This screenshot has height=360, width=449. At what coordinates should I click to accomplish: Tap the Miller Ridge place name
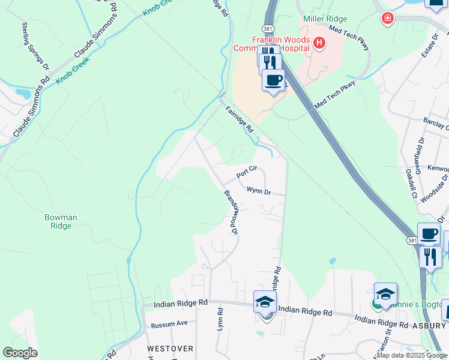325,19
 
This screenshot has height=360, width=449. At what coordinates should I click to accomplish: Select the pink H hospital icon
319,43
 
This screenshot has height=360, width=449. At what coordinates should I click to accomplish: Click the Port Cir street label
247,172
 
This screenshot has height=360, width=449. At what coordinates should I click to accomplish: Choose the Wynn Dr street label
259,191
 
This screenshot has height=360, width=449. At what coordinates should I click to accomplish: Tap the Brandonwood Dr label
231,212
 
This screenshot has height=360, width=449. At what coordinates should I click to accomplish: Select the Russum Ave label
169,324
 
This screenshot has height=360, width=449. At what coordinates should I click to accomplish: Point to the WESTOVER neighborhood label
170,348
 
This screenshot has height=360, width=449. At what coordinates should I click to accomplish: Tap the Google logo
20,353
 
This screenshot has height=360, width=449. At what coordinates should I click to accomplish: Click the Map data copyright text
412,355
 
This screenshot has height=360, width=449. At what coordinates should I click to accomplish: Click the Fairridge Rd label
240,119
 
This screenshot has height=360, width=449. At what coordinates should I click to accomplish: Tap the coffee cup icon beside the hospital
274,80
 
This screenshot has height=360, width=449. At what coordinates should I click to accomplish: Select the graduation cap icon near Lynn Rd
265,302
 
